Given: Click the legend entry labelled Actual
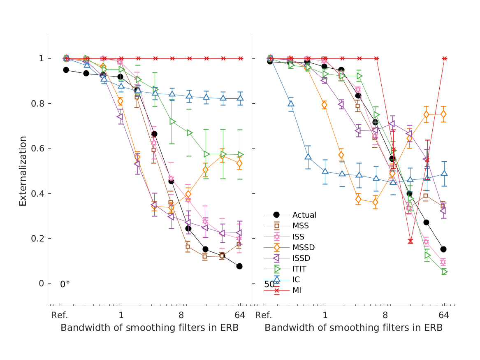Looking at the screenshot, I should (304, 215).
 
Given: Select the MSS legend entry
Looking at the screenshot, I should (300, 226).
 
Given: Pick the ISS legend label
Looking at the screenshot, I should (298, 237).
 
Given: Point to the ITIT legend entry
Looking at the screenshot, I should (299, 269).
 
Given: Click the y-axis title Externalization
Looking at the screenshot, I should (23, 171).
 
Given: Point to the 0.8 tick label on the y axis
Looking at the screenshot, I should (36, 104).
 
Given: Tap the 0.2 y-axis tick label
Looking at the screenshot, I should (36, 239).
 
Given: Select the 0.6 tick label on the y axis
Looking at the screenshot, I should (36, 149).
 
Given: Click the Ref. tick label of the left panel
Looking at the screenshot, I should (59, 316).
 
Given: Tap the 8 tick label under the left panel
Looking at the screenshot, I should (181, 316).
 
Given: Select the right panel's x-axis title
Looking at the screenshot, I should (353, 328).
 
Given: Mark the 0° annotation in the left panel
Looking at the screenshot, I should (65, 284).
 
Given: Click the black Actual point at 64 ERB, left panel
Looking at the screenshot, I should (239, 266).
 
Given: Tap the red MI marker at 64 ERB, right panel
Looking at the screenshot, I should (444, 58).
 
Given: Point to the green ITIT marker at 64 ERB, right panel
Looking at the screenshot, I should (444, 272).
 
